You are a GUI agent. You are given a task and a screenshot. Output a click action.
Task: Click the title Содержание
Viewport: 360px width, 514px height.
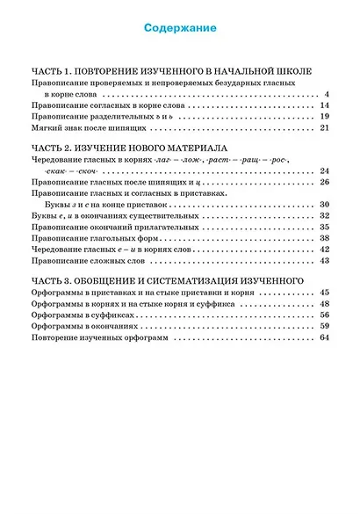coord(180,29)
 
